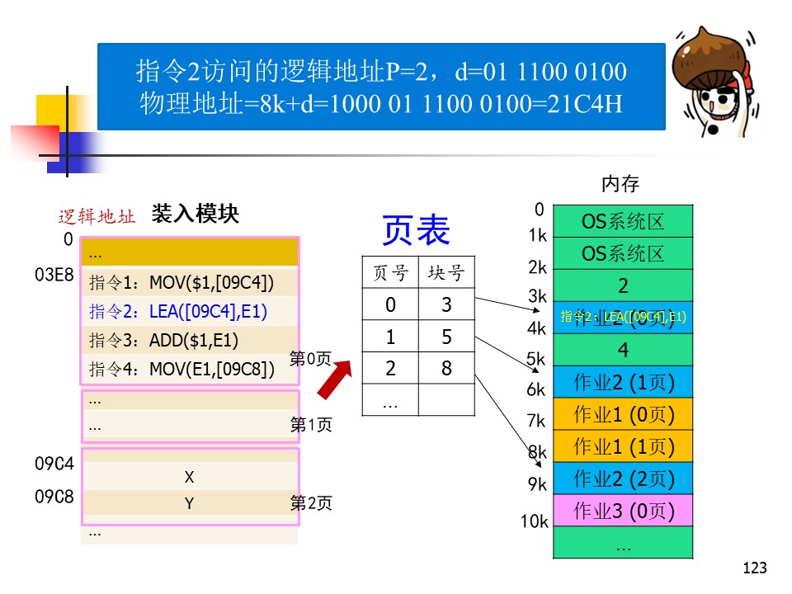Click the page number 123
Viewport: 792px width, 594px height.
755,568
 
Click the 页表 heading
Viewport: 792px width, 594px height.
416,231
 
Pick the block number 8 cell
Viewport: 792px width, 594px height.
446,368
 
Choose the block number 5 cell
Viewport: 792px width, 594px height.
446,337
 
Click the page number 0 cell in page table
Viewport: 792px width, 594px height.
390,305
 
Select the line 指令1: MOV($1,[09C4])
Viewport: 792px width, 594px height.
181,283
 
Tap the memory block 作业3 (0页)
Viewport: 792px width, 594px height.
624,511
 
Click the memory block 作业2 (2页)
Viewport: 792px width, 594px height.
624,478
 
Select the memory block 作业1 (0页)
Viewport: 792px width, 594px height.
624,414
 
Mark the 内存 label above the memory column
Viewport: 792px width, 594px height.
620,183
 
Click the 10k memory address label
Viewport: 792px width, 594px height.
534,521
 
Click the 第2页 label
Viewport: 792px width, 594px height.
311,503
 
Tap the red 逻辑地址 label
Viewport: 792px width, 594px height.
97,217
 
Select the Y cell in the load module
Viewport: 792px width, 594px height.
189,503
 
